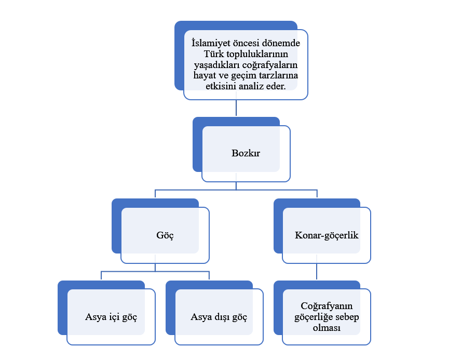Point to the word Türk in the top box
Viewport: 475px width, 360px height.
[x=209, y=54]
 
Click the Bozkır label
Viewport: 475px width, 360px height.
[x=246, y=154]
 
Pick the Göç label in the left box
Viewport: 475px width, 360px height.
[x=165, y=235]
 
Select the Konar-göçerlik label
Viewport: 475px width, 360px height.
[x=327, y=235]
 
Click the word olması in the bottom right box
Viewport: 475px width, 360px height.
[x=327, y=328]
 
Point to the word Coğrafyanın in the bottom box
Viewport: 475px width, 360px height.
[x=327, y=305]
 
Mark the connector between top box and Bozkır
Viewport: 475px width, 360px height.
[x=236, y=108]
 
